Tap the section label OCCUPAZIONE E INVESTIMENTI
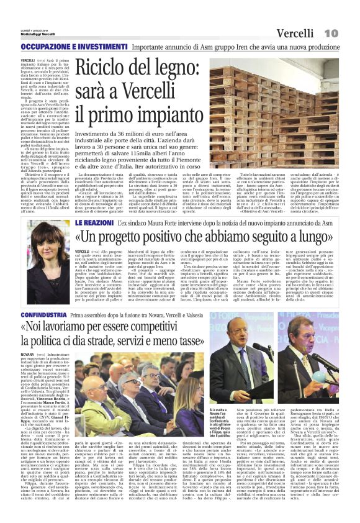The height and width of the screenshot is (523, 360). pos(67,47)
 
